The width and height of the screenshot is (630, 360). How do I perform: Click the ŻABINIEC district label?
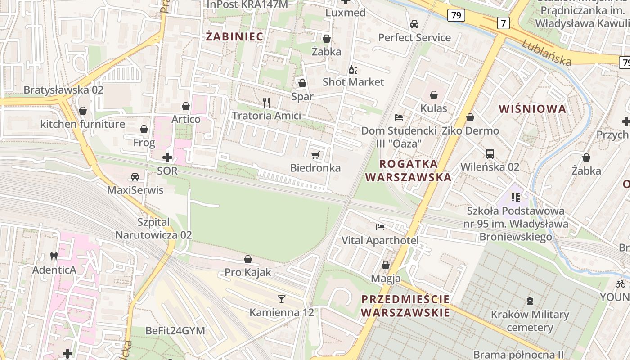coord(234,37)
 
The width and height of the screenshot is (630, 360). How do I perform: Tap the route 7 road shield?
coord(504,22)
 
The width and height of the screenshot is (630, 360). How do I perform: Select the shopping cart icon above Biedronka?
coord(315,155)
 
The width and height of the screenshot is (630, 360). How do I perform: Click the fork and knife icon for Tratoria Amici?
coord(266,103)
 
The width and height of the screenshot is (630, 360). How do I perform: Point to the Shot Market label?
coord(353,82)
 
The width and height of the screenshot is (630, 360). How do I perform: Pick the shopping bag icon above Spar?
coord(302,83)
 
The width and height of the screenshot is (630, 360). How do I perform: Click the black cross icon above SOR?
coord(167,157)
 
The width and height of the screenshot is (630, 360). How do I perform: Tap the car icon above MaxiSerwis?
coord(135,177)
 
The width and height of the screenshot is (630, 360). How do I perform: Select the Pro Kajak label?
coord(248,272)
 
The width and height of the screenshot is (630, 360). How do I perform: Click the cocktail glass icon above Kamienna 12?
coord(282,299)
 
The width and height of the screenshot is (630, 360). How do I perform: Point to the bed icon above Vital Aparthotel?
coord(380,227)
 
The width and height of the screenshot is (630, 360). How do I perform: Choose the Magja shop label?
coord(386,279)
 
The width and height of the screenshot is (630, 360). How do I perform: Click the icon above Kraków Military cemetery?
coord(530,301)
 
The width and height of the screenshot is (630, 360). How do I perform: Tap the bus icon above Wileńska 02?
coord(490,154)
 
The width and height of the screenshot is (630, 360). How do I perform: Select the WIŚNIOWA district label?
coord(533,108)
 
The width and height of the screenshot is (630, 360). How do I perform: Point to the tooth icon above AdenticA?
coord(54,256)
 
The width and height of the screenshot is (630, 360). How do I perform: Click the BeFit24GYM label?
coord(175,331)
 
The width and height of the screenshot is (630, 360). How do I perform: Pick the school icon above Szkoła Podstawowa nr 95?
coord(516,197)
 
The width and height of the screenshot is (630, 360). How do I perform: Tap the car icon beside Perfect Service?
coord(414,24)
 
